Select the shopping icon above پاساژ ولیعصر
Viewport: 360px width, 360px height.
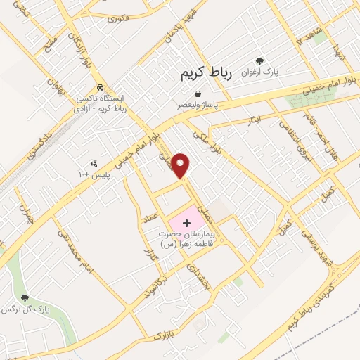tap(198, 94)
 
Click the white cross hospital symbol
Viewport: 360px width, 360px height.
tap(186, 223)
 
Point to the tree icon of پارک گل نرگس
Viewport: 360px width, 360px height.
tap(25, 298)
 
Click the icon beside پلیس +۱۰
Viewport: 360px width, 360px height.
tap(95, 165)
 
